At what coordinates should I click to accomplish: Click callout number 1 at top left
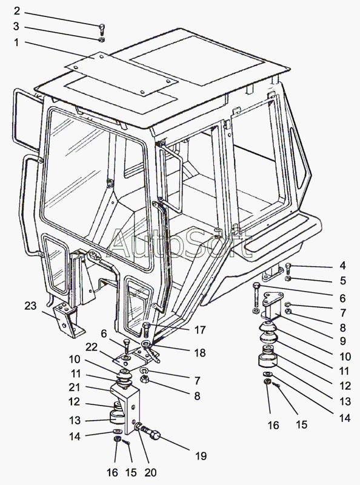click(16, 42)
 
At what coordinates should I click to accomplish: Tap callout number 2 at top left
click(17, 11)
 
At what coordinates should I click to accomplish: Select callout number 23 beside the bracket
click(31, 306)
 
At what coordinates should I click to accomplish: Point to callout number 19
click(201, 456)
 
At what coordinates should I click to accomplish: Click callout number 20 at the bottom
click(150, 472)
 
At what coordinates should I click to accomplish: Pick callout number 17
click(200, 330)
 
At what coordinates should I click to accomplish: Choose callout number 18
click(200, 353)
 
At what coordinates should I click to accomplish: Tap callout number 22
click(92, 347)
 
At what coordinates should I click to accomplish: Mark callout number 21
click(75, 387)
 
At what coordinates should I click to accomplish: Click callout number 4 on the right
click(342, 266)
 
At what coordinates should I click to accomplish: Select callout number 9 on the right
click(342, 341)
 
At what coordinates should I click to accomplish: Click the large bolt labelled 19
click(151, 432)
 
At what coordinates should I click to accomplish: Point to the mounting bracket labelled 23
click(67, 320)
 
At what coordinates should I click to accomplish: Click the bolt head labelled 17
click(147, 326)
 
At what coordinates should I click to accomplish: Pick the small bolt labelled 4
click(288, 268)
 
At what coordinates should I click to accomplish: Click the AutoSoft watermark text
click(179, 244)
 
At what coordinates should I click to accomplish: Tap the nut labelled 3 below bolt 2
click(102, 39)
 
